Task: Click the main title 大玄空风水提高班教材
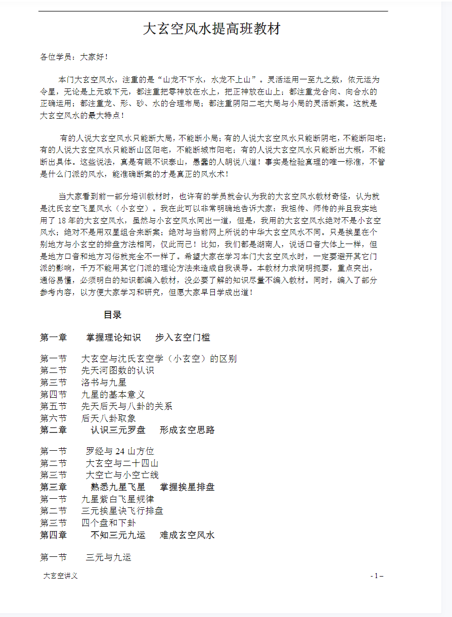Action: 211,29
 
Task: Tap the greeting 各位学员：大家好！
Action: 74,57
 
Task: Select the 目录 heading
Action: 113,314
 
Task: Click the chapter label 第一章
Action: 54,338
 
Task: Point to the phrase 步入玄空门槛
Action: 183,338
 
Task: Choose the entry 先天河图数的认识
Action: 118,370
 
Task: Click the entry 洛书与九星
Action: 104,383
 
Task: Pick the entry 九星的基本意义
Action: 113,394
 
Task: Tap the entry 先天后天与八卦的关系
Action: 127,406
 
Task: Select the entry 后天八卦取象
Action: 108,418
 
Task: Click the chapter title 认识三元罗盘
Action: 118,430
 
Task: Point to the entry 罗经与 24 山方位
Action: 120,451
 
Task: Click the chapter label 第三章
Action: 54,487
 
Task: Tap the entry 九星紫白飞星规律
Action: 118,499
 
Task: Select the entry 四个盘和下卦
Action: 108,523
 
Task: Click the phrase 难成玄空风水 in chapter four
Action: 187,535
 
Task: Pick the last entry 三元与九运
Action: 109,557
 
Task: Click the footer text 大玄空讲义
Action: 61,576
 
